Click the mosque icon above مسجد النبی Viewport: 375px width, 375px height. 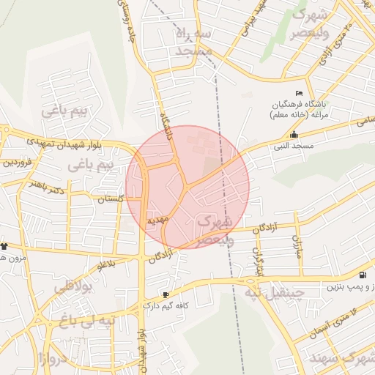pyautogui.click(x=294, y=135)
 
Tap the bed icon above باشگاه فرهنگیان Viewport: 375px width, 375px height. pyautogui.click(x=298, y=94)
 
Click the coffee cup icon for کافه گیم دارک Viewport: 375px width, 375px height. pyautogui.click(x=165, y=294)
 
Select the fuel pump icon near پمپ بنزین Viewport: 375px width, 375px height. pyautogui.click(x=363, y=276)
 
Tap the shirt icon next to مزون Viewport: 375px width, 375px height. pyautogui.click(x=4, y=246)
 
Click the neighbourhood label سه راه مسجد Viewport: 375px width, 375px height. pyautogui.click(x=193, y=42)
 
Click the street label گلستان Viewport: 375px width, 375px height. pyautogui.click(x=111, y=199)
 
